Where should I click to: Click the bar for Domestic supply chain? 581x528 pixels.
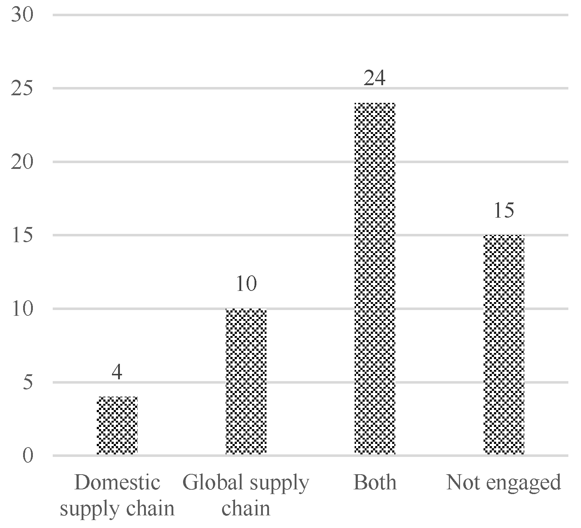[x=117, y=426]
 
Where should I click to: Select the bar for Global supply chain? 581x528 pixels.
[x=246, y=381]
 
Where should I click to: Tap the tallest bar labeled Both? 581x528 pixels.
[x=375, y=279]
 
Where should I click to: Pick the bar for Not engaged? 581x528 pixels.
[x=504, y=345]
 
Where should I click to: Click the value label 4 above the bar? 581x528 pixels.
[x=117, y=372]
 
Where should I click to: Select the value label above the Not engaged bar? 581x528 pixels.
[x=503, y=210]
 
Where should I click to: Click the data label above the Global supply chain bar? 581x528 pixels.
[x=246, y=284]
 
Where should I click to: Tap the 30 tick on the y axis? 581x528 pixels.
[x=22, y=15]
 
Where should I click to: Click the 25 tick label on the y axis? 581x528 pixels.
[x=22, y=88]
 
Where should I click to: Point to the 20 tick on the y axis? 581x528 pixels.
[x=22, y=162]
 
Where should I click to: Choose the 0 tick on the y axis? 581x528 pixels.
[x=27, y=456]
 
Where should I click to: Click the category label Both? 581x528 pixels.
[x=375, y=482]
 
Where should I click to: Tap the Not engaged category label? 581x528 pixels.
[x=504, y=482]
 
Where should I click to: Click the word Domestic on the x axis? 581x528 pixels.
[x=117, y=482]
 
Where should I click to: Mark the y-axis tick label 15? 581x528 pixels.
[x=22, y=235]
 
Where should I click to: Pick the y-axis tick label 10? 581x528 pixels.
[x=22, y=309]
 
